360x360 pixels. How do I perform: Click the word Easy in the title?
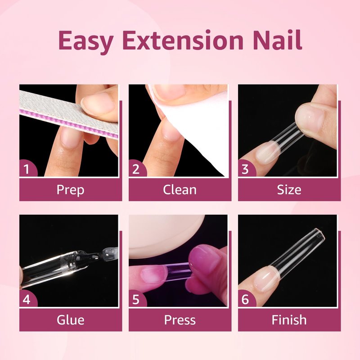pos(85,41)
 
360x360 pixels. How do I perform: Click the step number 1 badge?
pos(27,169)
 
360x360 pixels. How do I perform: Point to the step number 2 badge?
pos(137,169)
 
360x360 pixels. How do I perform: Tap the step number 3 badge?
pos(246,169)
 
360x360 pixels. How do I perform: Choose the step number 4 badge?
pos(27,299)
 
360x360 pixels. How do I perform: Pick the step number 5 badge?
pos(137,299)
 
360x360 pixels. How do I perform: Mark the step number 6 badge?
pos(246,299)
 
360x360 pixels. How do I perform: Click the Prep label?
pos(71,190)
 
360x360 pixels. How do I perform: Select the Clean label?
pos(180,190)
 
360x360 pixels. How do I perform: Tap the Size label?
pos(289,190)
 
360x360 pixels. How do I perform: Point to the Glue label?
pos(71,320)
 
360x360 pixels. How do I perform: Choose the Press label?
pos(180,320)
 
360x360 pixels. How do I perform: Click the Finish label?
pos(289,320)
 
